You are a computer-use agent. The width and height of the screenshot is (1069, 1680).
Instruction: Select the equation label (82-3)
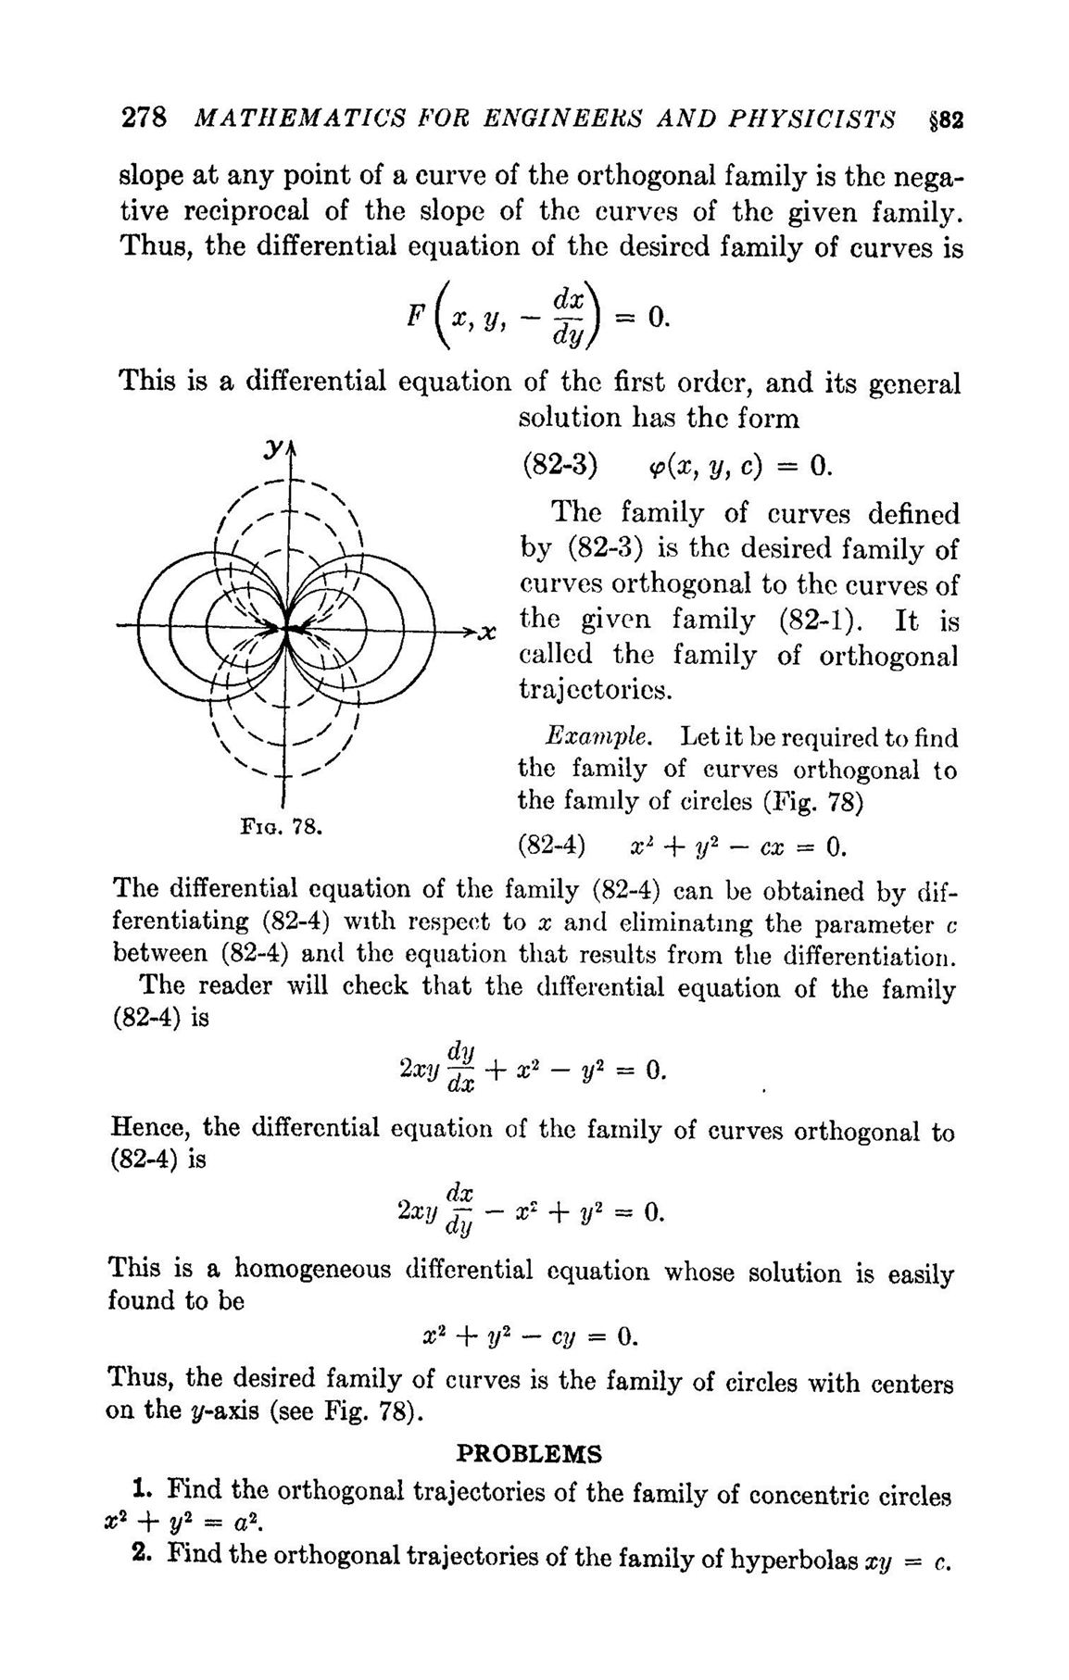[x=557, y=465]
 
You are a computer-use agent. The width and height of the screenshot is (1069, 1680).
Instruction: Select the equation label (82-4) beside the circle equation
[x=552, y=846]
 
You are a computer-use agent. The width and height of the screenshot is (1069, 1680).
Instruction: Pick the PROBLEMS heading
[x=530, y=1454]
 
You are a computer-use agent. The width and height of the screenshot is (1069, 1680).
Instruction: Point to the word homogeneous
[x=312, y=1268]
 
